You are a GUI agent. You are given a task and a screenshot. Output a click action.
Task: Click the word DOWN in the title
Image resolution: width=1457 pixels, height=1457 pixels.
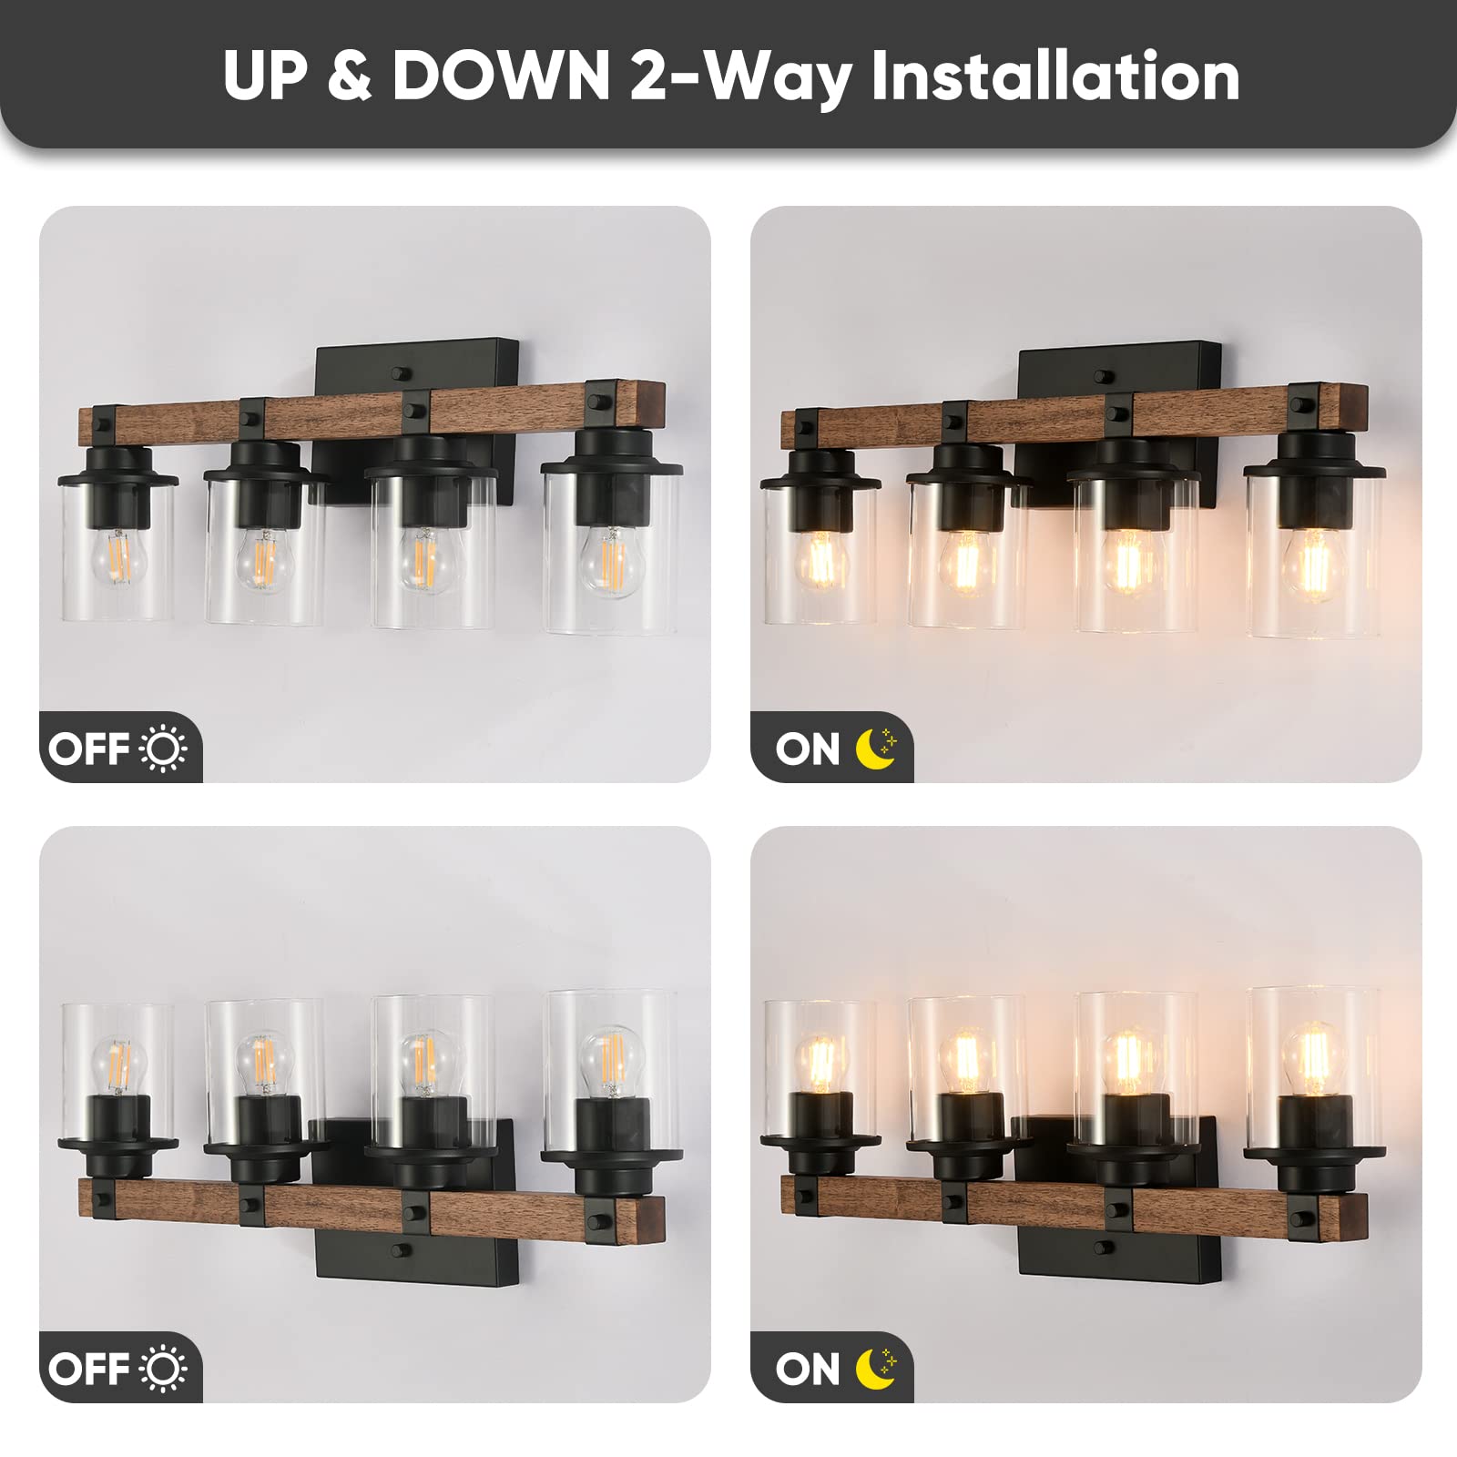coord(502,76)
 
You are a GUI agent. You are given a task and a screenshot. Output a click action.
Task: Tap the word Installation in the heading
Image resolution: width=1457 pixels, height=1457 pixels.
coord(1055,76)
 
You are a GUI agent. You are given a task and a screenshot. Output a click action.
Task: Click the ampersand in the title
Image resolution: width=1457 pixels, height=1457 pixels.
coord(349,76)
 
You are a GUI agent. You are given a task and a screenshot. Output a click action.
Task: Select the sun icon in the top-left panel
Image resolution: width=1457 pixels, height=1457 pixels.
coord(164,749)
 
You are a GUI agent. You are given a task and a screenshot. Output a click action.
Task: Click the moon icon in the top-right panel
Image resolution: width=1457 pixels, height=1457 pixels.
coord(876,749)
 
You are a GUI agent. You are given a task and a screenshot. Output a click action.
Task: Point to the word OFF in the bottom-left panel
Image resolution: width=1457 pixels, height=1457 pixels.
coord(89,1369)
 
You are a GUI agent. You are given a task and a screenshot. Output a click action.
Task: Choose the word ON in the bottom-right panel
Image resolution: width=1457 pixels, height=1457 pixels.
coord(807,1369)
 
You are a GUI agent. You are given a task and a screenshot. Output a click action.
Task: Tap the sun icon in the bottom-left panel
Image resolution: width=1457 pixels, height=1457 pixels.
coord(164,1369)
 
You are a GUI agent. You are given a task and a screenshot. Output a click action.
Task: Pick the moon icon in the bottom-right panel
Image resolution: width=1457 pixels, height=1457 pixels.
coord(876,1369)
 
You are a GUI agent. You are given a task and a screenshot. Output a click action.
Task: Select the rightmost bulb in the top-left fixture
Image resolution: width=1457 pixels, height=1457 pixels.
coord(609,561)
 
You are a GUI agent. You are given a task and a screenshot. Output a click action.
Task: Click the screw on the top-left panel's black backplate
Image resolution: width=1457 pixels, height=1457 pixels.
coord(397,372)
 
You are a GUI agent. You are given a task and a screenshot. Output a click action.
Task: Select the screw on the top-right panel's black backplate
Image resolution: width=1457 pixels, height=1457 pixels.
coord(1104,376)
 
